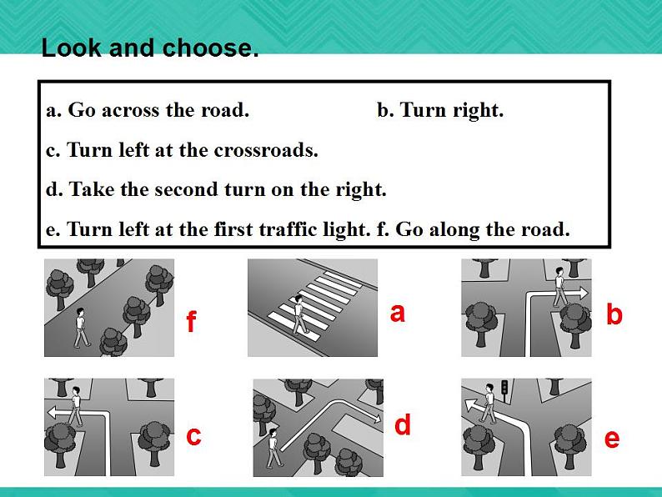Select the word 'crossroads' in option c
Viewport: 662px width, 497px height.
[266, 150]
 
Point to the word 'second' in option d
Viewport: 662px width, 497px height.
[187, 189]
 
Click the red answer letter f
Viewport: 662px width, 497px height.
[191, 321]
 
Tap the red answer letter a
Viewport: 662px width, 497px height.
[398, 313]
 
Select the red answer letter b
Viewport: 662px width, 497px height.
[614, 314]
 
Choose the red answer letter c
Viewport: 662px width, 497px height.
[193, 436]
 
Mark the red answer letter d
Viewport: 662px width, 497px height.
[403, 424]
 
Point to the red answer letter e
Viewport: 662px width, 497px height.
[612, 439]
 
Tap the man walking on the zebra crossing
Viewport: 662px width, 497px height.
[300, 314]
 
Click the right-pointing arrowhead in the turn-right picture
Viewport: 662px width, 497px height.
[583, 293]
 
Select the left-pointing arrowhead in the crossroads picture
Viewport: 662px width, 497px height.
[53, 412]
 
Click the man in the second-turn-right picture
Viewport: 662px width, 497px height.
[273, 448]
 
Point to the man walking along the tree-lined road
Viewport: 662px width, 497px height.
[82, 328]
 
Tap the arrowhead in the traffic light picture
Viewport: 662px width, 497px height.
[471, 405]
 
